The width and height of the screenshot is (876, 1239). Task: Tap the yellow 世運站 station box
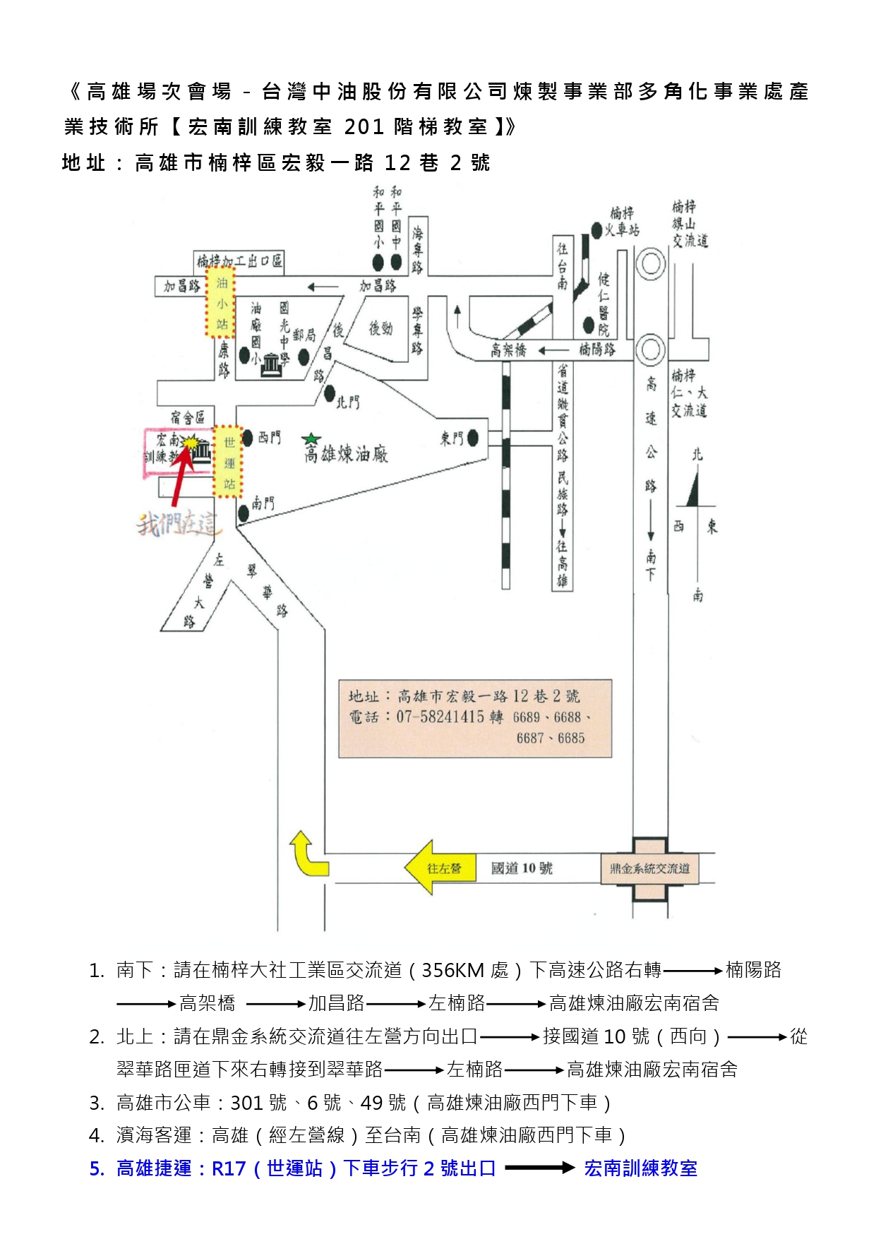(x=228, y=462)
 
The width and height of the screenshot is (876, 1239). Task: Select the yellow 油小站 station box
(x=221, y=303)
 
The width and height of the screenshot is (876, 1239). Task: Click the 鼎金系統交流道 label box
(x=649, y=868)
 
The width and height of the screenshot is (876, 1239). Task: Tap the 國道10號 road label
(x=522, y=868)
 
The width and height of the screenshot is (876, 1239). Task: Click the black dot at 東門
(x=473, y=438)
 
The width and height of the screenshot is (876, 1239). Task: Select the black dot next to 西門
(x=248, y=438)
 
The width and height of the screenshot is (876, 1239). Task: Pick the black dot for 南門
(x=244, y=513)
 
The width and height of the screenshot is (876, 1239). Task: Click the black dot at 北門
(x=330, y=394)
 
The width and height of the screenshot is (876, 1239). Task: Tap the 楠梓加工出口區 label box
(x=239, y=261)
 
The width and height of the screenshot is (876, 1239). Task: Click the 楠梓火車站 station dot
(x=597, y=231)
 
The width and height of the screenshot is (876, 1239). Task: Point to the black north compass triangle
(x=693, y=489)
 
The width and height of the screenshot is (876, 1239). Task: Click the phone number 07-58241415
(x=440, y=717)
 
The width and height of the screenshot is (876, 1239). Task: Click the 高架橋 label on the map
(x=508, y=350)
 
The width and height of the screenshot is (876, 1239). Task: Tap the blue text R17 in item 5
(x=229, y=1168)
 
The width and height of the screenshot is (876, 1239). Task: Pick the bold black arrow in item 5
(x=540, y=1168)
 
